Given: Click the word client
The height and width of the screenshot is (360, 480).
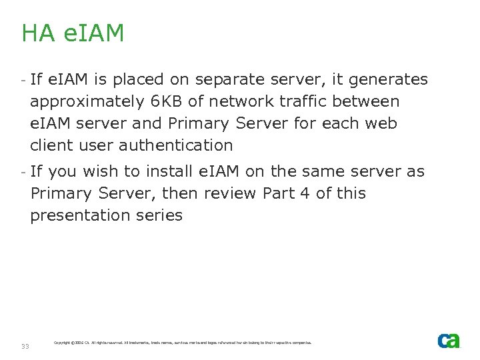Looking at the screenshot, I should [51, 145].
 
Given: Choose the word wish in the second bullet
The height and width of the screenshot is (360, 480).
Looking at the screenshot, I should [97, 171].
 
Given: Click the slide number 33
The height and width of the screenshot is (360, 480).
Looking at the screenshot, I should [25, 346].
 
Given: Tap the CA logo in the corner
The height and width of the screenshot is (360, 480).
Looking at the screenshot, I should [449, 341].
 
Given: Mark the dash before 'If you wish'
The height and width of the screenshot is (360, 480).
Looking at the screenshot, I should [23, 171].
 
